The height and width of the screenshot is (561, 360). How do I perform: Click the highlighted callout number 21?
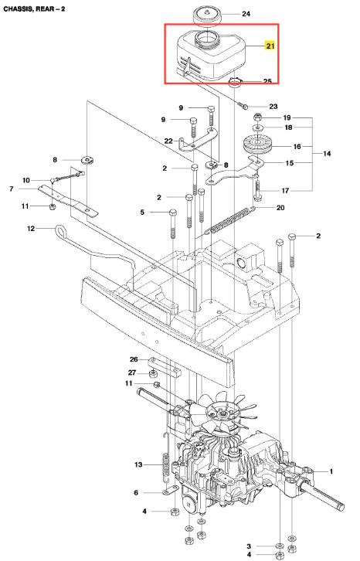click(270, 46)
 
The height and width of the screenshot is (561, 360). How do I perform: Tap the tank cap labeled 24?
click(207, 16)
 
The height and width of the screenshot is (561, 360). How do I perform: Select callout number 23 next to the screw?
click(273, 107)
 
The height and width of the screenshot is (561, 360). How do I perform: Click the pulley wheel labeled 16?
click(258, 145)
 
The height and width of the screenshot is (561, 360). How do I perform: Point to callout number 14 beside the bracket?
click(327, 154)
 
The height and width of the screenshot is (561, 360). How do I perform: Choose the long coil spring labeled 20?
click(229, 221)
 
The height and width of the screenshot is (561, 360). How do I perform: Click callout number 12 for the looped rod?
click(31, 228)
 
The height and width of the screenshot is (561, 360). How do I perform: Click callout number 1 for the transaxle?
click(331, 471)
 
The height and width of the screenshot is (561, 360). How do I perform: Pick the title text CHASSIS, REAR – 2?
click(34, 8)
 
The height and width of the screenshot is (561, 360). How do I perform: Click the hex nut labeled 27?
click(153, 374)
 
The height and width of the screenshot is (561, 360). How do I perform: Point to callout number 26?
click(134, 359)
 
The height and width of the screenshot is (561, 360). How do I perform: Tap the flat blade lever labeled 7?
click(68, 200)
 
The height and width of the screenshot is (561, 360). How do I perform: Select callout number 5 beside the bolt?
click(142, 212)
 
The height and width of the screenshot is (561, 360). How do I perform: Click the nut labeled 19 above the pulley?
click(257, 117)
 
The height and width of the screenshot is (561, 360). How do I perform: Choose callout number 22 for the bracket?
click(168, 141)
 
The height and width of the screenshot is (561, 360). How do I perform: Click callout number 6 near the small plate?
click(136, 493)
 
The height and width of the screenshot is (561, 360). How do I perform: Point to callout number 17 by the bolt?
click(285, 191)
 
